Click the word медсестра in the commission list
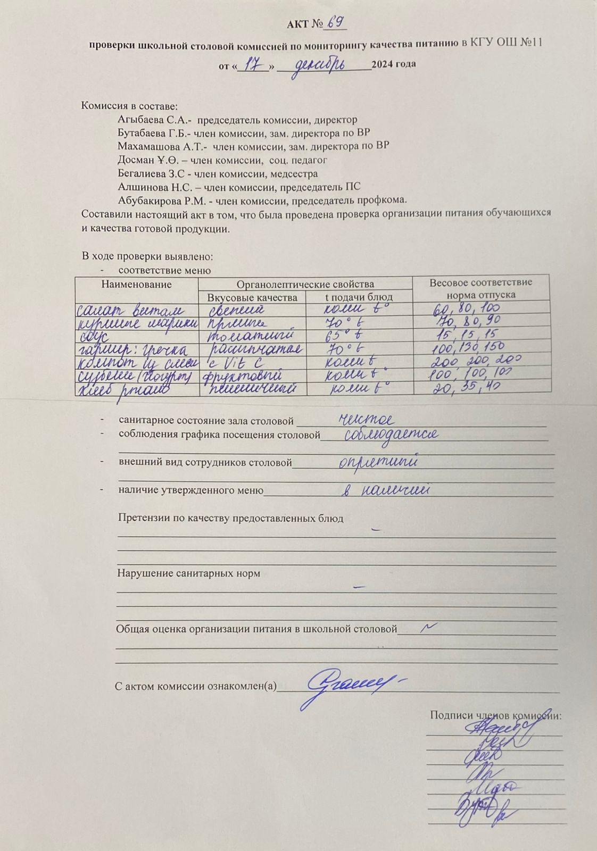click(x=294, y=173)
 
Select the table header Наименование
click(x=136, y=284)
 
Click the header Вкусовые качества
click(x=252, y=297)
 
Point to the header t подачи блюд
click(x=359, y=297)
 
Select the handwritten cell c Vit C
click(x=236, y=363)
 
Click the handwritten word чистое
click(x=367, y=420)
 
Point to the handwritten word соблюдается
click(x=391, y=435)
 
